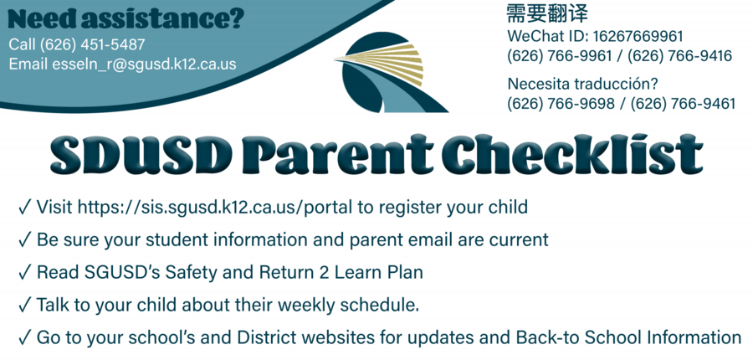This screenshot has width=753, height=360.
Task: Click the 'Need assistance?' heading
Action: pos(125,19)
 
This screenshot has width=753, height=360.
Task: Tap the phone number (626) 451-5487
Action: pos(92,44)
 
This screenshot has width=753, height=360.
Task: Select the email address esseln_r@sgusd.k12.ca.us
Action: pos(144,64)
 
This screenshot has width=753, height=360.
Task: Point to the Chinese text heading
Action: pos(547,14)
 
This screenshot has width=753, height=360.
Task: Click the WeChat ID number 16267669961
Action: pos(638,37)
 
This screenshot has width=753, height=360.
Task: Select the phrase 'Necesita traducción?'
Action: pos(582,84)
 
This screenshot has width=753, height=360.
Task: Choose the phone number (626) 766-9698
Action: pos(561,104)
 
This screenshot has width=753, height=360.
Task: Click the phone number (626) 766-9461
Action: pos(683,104)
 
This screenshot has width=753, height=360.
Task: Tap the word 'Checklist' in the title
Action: pos(572,154)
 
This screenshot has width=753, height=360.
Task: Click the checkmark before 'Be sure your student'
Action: pos(24,239)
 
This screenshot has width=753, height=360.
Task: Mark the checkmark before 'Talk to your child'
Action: pos(24,306)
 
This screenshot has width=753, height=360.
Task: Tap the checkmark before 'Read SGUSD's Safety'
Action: pos(24,273)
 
